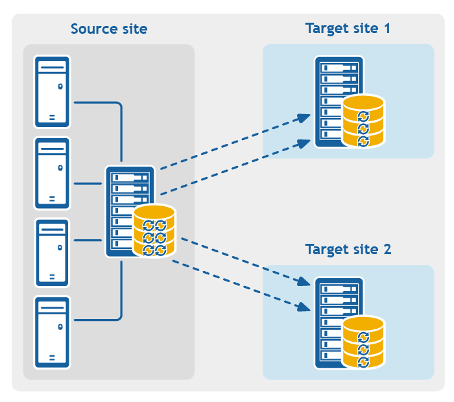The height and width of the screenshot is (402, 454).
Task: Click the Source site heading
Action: pyautogui.click(x=109, y=29)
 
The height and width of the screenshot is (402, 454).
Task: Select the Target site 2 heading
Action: pyautogui.click(x=348, y=250)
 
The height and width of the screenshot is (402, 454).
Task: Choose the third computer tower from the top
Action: pyautogui.click(x=53, y=253)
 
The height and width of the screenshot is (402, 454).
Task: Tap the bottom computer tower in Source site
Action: pyautogui.click(x=53, y=333)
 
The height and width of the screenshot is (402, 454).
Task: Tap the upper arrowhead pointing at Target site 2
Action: pyautogui.click(x=303, y=282)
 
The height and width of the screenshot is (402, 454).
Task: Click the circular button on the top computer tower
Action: pyautogui.click(x=60, y=86)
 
